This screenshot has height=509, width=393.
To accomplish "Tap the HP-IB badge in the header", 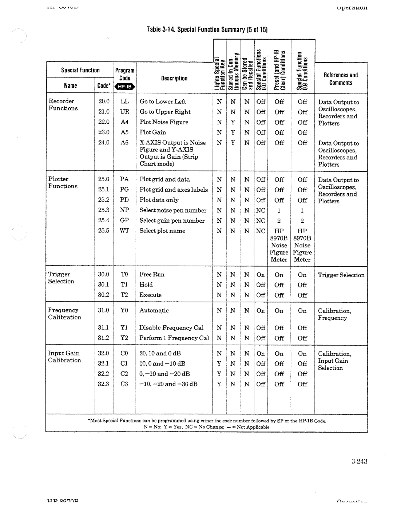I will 125,87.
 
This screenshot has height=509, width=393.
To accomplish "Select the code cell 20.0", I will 104,102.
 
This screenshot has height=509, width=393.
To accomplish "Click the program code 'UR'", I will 124,112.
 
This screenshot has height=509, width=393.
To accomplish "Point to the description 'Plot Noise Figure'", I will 164,122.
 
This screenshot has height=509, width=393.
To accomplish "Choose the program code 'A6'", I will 124,143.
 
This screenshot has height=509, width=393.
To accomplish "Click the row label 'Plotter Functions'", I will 63,183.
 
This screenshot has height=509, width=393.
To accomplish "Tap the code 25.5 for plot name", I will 104,231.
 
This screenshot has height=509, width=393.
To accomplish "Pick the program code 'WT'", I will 124,231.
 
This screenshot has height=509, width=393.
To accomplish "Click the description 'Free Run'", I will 152,274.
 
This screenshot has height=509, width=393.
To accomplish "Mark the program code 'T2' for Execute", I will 124,295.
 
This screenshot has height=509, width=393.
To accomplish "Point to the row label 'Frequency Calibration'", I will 64,314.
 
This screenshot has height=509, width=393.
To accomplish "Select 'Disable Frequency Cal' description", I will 171,328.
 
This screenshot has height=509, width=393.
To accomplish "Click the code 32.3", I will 104,384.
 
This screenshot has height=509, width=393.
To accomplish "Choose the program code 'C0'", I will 124,353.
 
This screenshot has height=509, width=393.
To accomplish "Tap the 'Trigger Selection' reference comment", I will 341,275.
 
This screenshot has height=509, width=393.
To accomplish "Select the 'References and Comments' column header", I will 341,79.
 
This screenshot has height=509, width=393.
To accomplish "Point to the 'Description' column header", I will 174,78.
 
